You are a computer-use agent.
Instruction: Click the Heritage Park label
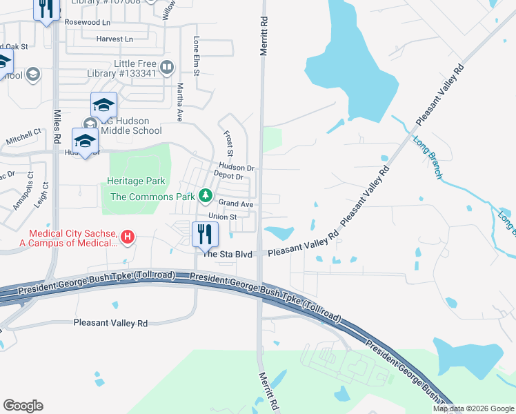136,181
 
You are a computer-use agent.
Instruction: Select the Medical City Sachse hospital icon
128,238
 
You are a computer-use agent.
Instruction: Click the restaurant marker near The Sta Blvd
204,234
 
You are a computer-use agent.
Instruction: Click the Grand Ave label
237,204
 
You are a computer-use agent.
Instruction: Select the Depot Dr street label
228,177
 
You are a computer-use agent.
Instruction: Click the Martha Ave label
180,101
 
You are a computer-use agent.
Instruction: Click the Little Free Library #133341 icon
166,68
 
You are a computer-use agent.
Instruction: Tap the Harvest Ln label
115,39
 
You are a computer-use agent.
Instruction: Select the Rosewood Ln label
87,22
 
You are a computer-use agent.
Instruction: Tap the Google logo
23,406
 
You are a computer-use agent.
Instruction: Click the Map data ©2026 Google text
473,408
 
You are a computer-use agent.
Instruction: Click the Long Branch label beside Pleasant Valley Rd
427,158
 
